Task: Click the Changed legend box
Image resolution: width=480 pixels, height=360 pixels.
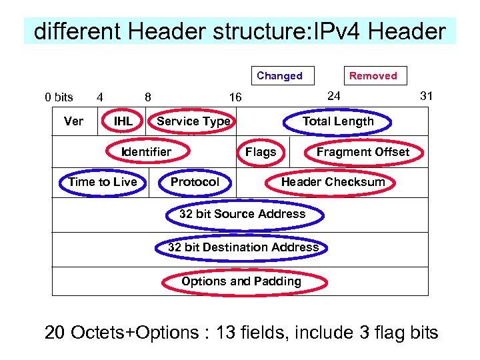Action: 279,76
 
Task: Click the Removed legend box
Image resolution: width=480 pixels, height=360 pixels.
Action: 373,76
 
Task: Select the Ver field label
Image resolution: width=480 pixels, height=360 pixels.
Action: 73,121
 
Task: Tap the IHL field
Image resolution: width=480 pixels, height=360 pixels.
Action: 123,121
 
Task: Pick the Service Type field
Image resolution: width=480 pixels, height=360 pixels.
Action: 193,121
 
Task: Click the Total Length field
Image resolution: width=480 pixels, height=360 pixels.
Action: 338,121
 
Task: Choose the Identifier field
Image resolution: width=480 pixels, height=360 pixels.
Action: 146,151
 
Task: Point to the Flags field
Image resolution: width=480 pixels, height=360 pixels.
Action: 261,151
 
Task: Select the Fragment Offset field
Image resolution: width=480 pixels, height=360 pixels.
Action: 363,151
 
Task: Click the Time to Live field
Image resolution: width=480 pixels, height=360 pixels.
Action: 103,182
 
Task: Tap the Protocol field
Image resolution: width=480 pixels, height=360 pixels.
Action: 195,182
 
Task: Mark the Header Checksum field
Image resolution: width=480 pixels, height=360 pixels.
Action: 333,182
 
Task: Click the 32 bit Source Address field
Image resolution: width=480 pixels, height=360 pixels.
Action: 243,214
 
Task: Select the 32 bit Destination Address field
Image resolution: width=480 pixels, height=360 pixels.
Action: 243,247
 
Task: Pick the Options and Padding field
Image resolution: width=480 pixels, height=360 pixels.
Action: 241,281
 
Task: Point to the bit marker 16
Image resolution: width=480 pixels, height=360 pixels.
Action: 235,97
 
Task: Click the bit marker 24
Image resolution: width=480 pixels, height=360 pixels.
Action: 334,96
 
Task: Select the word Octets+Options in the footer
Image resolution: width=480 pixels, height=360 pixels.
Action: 135,332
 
